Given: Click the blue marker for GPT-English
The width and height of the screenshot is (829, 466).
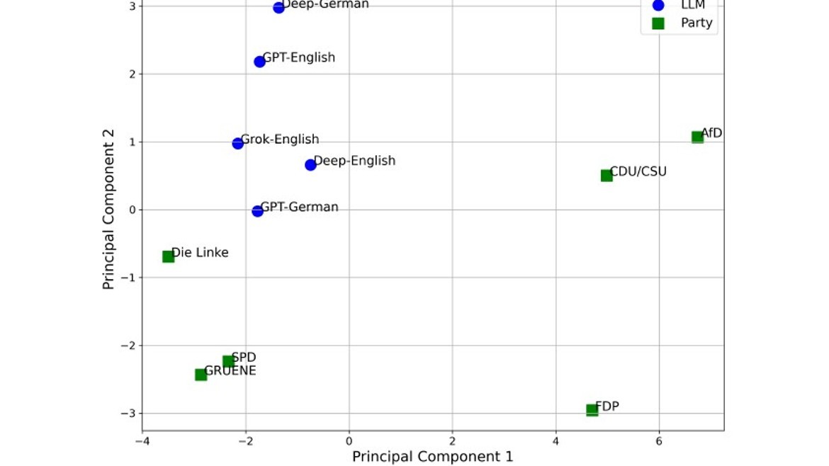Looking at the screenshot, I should tap(259, 62).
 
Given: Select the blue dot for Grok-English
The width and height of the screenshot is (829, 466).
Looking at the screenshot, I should tap(238, 143).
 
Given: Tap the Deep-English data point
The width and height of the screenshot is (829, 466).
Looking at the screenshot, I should tap(310, 165).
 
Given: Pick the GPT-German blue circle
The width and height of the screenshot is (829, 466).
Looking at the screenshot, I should tap(257, 211).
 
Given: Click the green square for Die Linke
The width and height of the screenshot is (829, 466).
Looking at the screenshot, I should tap(168, 256).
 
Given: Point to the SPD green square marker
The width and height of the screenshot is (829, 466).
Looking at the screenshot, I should tap(228, 361).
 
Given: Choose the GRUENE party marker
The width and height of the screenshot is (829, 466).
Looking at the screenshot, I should tap(201, 375).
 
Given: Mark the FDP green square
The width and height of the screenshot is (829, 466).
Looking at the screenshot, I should tap(592, 410).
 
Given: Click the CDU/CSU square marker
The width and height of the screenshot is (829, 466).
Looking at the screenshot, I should tap(607, 176).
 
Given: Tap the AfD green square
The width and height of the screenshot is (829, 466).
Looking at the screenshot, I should tap(697, 137).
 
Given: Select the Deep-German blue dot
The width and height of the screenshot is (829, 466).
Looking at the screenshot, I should tap(278, 8).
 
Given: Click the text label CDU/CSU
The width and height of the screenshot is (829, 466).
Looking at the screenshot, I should tap(638, 171).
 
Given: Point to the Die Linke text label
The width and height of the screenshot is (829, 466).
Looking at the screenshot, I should tap(200, 252).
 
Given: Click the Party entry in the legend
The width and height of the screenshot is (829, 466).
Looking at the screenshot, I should tap(696, 23).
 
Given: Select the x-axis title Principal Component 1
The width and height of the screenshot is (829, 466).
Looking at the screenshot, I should tap(432, 457).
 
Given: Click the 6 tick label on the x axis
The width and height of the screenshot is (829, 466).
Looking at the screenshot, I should tap(659, 441).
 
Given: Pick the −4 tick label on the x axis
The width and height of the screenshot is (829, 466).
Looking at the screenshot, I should tap(142, 441).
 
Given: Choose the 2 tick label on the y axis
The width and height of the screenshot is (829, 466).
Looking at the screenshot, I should tap(132, 74).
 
